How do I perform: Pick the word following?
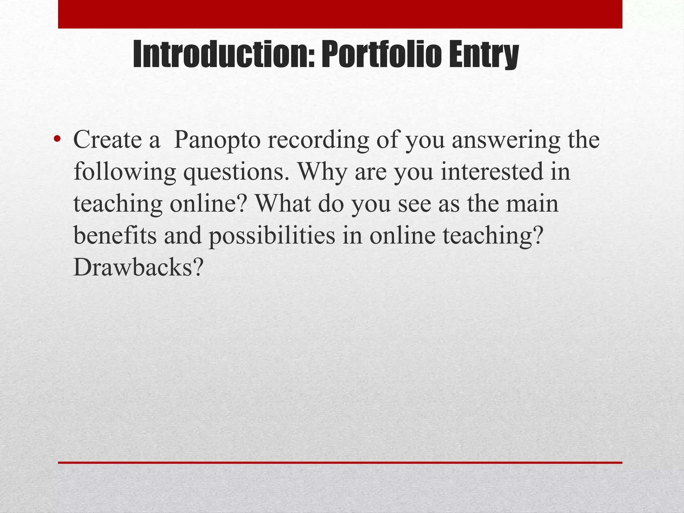[124, 172]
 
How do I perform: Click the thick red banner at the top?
[340, 14]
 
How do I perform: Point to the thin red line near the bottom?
[340, 463]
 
